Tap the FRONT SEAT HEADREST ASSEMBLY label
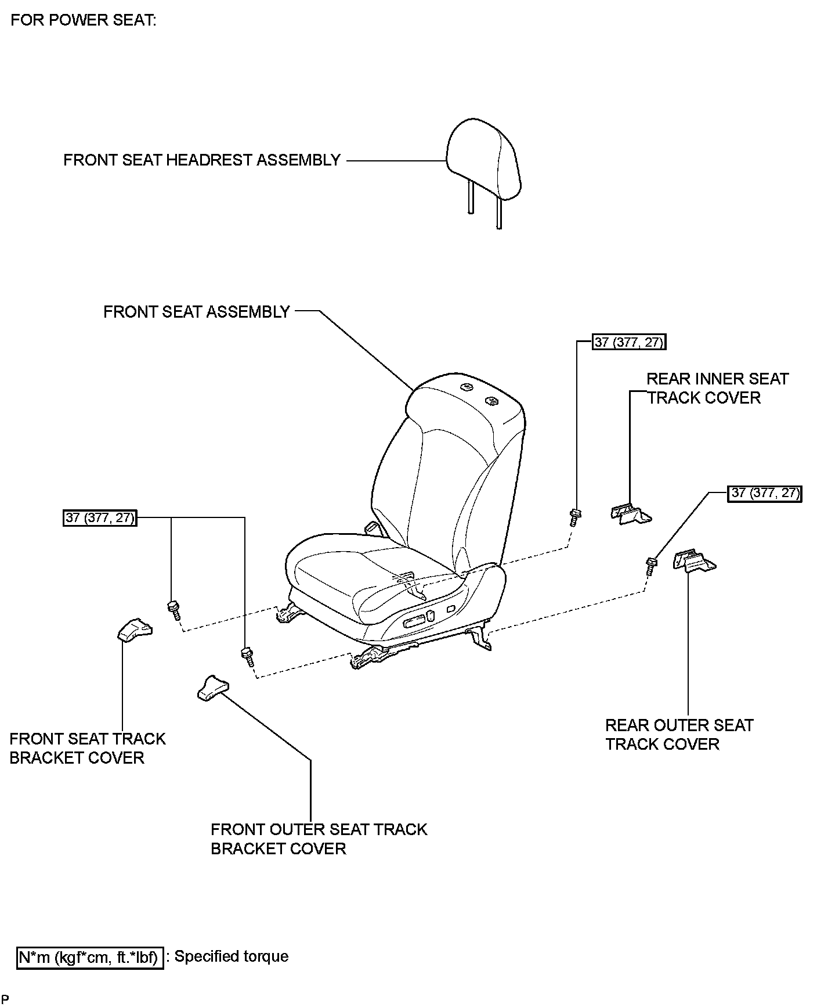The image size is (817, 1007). click(x=201, y=160)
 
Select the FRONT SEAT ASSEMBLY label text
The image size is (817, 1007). click(x=196, y=312)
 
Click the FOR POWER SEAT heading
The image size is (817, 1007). click(x=84, y=20)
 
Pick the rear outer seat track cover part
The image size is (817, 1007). click(x=695, y=561)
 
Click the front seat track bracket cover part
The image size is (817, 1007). click(x=134, y=630)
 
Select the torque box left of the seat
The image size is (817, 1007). click(x=100, y=517)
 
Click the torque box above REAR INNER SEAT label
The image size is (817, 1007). click(x=628, y=342)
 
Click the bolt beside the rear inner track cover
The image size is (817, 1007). click(x=576, y=516)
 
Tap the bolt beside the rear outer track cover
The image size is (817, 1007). click(x=651, y=564)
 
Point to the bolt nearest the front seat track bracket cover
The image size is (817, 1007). click(x=173, y=610)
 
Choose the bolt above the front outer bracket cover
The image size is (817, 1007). click(x=247, y=656)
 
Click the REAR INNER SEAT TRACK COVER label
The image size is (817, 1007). click(x=717, y=388)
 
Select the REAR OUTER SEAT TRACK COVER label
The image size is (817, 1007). click(x=679, y=735)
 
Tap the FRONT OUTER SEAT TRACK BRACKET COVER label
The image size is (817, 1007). click(x=319, y=839)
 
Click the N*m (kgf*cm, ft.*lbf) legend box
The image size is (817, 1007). click(x=89, y=957)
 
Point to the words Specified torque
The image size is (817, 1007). click(x=231, y=956)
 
